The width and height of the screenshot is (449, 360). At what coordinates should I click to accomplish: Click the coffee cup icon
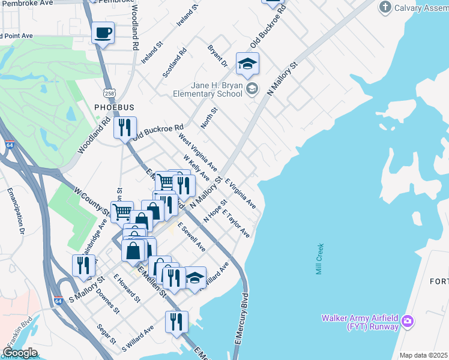103,32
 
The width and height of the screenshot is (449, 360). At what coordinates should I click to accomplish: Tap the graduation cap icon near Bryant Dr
247,64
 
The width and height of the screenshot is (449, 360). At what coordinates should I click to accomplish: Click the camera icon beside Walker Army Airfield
408,322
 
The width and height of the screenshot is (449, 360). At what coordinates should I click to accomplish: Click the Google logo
20,353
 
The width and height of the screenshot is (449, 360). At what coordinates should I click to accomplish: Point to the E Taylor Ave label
236,224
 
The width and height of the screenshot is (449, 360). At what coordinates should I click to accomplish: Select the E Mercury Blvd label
241,319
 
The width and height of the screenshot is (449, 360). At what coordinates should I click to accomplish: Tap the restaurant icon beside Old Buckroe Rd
125,128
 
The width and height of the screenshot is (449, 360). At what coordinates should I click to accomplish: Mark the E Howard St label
127,289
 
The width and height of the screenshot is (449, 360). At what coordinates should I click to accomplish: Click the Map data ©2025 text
423,355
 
